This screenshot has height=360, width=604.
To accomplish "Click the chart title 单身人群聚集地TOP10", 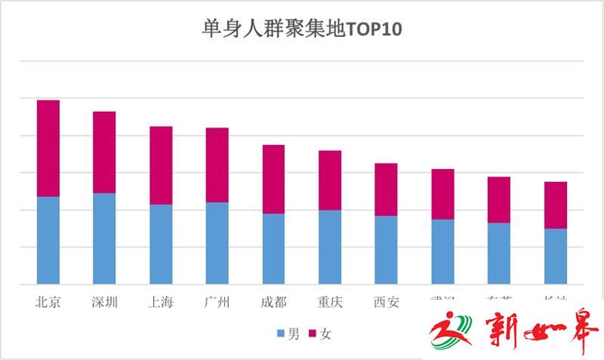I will click(302, 29).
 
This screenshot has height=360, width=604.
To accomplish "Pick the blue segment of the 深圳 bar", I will click(104, 238).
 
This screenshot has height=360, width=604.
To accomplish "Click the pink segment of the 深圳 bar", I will click(104, 152).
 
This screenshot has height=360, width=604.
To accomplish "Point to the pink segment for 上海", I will click(161, 165).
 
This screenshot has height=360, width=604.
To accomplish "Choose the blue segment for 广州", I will click(217, 243).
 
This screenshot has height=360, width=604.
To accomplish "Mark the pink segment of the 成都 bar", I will click(273, 179).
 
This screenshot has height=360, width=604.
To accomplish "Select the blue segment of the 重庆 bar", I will click(330, 247).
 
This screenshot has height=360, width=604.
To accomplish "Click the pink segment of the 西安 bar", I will click(386, 189).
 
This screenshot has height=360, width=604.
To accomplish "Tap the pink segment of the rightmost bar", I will click(556, 205).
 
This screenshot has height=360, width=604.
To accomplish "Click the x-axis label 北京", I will click(48, 303).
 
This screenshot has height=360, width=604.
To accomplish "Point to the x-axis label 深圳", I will click(104, 303).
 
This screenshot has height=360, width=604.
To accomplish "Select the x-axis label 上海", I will click(161, 303).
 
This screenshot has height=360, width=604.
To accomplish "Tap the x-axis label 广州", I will click(217, 303).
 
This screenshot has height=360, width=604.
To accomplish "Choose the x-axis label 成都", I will click(273, 303).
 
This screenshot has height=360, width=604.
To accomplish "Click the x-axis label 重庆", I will click(330, 303).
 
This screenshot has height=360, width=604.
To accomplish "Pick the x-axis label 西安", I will click(386, 303).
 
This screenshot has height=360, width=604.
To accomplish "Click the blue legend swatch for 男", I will click(281, 334).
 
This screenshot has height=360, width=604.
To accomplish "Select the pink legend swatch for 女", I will click(313, 334).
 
